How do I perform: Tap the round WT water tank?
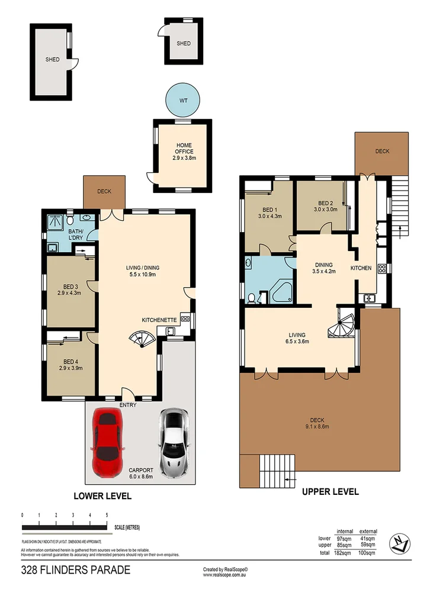click(182, 101)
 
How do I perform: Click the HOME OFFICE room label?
click(184, 148)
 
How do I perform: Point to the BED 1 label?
click(269, 210)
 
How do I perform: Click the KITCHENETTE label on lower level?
click(160, 320)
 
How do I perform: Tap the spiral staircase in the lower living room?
click(143, 340)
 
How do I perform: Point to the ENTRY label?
click(128, 405)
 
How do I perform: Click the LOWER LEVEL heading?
click(102, 496)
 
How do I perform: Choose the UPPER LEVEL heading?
click(330, 491)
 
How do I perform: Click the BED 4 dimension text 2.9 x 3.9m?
click(71, 368)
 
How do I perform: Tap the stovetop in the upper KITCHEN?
click(383, 268)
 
